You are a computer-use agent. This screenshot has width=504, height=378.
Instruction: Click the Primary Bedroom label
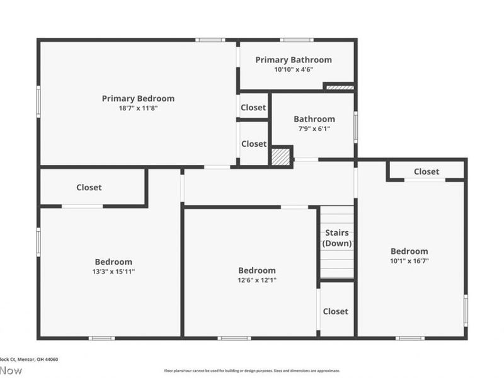tap(138, 98)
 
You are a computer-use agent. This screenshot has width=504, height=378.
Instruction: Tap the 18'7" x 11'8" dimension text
tap(138, 108)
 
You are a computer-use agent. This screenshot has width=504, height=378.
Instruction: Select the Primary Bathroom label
tap(293, 60)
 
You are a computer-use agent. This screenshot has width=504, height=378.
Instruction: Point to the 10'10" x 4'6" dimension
tap(293, 70)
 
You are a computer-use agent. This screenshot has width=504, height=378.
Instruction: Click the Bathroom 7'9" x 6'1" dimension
tap(314, 129)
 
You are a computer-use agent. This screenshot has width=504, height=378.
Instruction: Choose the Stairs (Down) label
tap(337, 238)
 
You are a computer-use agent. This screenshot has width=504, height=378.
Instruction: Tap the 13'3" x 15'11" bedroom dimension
tap(113, 272)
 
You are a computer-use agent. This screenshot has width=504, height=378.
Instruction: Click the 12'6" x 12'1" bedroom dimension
tap(256, 280)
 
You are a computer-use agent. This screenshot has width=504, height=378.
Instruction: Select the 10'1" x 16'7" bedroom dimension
tap(409, 261)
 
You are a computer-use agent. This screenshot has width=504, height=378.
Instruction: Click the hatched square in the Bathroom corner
tap(281, 156)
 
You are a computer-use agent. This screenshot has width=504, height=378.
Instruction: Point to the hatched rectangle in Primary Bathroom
tap(339, 87)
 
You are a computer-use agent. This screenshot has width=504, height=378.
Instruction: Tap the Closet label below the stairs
tap(335, 311)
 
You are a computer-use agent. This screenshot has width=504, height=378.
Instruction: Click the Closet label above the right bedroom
tap(427, 171)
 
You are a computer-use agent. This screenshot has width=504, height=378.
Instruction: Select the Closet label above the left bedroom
tap(89, 187)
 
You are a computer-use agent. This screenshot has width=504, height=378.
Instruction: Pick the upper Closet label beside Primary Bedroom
tap(253, 108)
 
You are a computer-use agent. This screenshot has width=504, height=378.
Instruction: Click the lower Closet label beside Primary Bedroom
tap(254, 144)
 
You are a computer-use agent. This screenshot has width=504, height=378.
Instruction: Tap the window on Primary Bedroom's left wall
tap(38, 102)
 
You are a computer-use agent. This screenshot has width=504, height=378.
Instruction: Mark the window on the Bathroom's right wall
tap(356, 126)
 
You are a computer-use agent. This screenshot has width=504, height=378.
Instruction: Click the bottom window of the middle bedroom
tap(234, 338)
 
